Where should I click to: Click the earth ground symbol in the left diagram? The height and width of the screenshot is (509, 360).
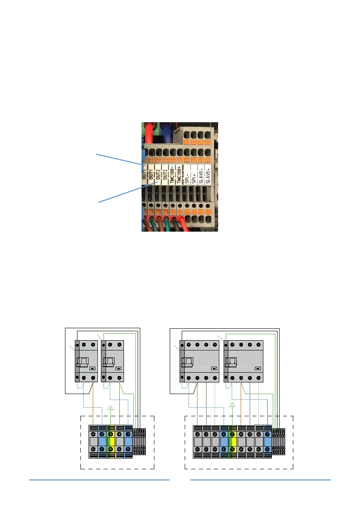(111, 408)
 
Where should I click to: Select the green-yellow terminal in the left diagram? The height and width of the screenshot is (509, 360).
(111, 441)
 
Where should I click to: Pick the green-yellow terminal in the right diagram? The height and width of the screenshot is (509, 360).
(233, 441)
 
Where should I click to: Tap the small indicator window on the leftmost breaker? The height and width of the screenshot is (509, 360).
(92, 367)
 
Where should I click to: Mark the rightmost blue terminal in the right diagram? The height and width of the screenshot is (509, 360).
(267, 441)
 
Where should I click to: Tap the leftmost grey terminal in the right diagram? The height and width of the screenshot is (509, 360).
(198, 441)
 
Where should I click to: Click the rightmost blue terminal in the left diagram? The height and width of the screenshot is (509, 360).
(128, 441)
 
